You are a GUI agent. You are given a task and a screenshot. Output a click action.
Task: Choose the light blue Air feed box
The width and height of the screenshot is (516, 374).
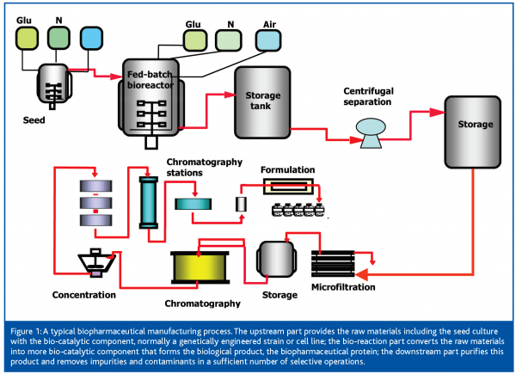(x=268, y=40)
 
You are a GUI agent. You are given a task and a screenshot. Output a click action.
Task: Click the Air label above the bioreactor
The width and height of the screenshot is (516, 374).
(x=267, y=22)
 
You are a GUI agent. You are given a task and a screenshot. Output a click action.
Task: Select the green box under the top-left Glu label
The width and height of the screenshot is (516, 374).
(x=28, y=38)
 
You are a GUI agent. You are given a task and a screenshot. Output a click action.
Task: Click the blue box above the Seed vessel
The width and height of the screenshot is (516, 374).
(x=90, y=38)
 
